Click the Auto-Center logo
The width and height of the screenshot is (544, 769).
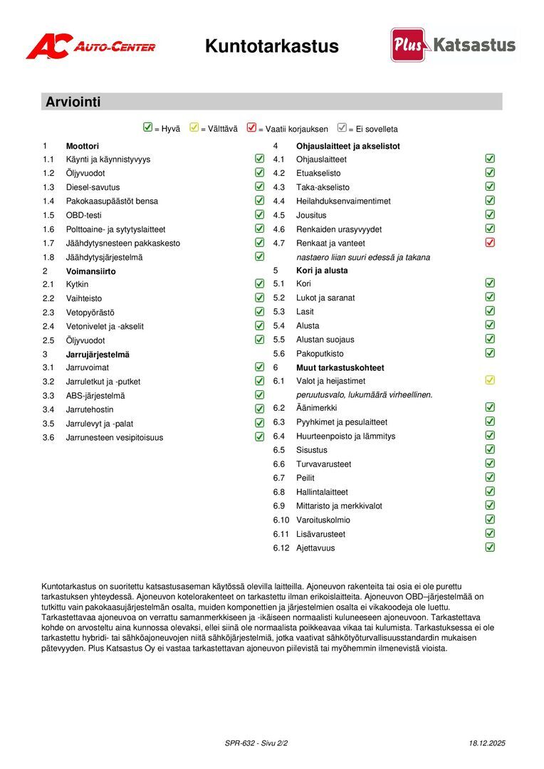click(90, 46)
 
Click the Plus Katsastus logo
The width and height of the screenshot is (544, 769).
click(453, 45)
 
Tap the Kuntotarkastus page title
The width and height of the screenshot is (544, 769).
click(271, 46)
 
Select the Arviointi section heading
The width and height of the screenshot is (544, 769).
click(73, 102)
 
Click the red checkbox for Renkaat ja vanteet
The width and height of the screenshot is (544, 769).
click(490, 243)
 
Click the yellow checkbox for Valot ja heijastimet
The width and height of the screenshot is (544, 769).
click(490, 380)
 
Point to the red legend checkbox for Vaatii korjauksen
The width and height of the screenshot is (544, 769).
click(251, 128)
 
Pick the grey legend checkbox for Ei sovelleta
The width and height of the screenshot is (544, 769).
click(342, 128)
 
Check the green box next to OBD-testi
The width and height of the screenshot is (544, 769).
click(259, 214)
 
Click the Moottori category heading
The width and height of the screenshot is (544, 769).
click(83, 146)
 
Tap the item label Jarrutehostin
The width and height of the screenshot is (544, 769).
click(90, 409)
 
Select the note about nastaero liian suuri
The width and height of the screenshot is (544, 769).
click(363, 257)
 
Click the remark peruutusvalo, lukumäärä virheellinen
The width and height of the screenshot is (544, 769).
click(365, 394)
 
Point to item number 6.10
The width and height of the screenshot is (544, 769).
click(283, 520)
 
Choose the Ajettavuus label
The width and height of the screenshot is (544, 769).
click(315, 548)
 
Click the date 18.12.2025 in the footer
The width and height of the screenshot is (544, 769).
click(487, 743)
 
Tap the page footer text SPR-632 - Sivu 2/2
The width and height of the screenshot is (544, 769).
click(256, 743)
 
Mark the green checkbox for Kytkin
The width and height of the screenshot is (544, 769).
click(259, 283)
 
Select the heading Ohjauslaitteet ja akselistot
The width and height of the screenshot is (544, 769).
click(348, 146)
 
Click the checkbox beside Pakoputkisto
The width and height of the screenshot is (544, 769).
click(490, 352)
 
